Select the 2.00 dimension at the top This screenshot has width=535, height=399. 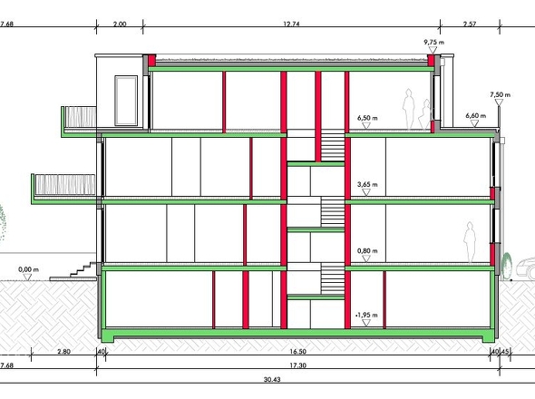(x=120, y=24)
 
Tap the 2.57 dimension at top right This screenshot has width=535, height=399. (x=470, y=24)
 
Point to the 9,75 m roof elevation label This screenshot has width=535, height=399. (x=434, y=43)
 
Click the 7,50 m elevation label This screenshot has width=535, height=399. (x=501, y=94)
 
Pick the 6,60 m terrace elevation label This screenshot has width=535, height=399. (x=476, y=116)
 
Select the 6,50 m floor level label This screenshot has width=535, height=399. (x=367, y=118)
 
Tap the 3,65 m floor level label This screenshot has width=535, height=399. (x=367, y=185)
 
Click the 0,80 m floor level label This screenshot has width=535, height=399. (x=367, y=251)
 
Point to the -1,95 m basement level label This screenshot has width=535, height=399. (x=366, y=315)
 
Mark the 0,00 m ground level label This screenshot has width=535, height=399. (x=28, y=269)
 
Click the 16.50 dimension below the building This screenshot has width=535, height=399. (x=297, y=352)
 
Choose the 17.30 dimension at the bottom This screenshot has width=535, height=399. (x=297, y=365)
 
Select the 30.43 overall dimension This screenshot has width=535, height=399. (x=272, y=380)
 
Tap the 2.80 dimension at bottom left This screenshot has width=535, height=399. (x=63, y=352)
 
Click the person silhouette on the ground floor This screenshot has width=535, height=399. (x=471, y=243)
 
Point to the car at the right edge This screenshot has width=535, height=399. (x=525, y=268)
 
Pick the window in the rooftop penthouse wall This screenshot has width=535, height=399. (x=126, y=101)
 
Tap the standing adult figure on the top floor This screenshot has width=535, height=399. (x=408, y=109)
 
